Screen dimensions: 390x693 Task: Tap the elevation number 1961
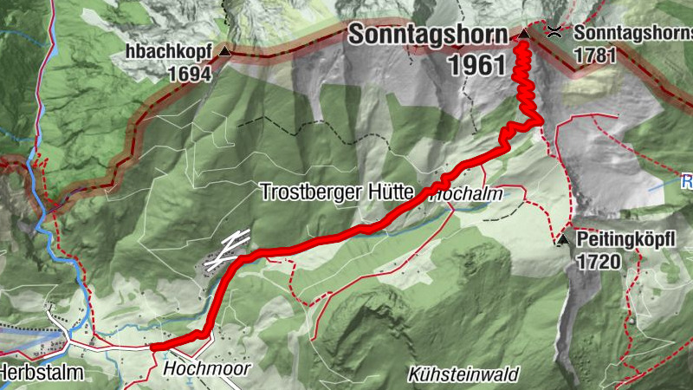(476, 64)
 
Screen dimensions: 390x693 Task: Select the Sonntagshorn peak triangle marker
(523, 35)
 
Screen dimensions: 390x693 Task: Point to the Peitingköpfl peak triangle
(563, 239)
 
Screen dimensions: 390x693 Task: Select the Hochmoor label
(206, 369)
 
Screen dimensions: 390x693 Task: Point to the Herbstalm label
(41, 374)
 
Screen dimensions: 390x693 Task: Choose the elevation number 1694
(191, 74)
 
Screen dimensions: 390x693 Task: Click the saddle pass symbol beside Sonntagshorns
(554, 32)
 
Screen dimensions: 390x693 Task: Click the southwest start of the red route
(154, 348)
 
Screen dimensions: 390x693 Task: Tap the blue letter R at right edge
(686, 183)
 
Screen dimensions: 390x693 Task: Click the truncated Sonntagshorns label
(632, 33)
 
